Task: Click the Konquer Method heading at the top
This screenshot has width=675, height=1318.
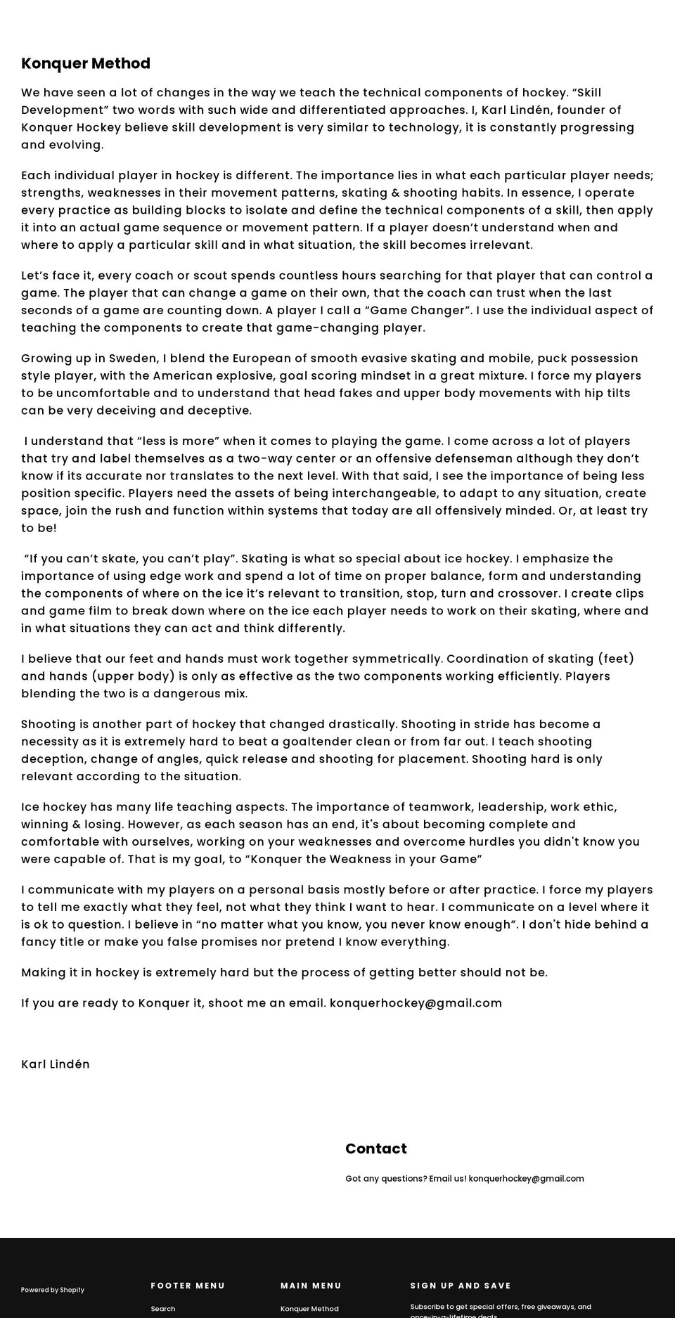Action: click(86, 63)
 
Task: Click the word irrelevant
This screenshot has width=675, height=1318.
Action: click(496, 245)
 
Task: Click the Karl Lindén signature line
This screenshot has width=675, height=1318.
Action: click(56, 1064)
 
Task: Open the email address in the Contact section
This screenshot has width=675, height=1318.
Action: click(526, 1179)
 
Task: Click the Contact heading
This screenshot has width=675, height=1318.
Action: click(375, 1149)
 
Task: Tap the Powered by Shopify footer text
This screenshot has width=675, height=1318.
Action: click(53, 1290)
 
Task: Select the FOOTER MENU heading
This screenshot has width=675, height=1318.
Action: click(188, 1286)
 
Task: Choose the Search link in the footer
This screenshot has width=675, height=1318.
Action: click(163, 1309)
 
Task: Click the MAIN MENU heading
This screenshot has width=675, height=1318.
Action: click(311, 1286)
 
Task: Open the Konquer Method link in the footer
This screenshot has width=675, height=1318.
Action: click(309, 1309)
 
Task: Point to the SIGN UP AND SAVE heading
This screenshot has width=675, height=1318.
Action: click(461, 1286)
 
